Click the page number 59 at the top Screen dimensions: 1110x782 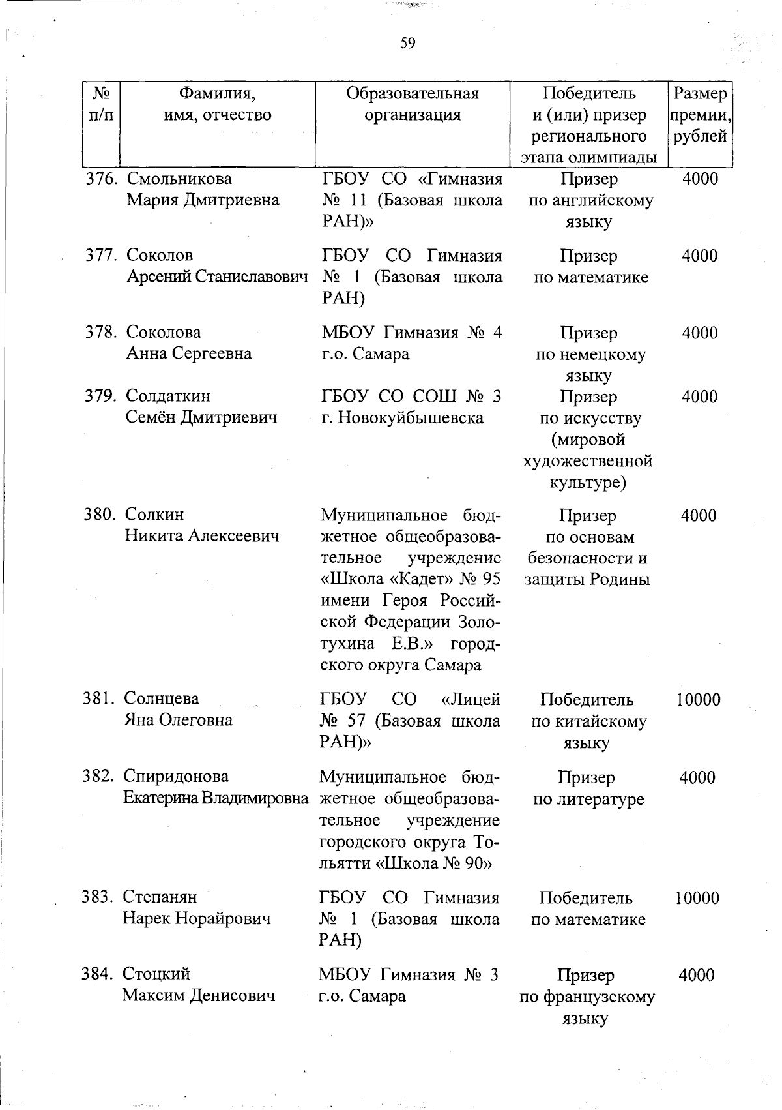point(408,43)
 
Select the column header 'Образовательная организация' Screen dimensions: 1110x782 point(413,104)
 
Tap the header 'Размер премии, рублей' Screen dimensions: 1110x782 point(700,115)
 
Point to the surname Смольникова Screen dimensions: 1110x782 point(179,179)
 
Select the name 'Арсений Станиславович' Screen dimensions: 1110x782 point(217,277)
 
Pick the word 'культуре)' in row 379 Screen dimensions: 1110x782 point(588,483)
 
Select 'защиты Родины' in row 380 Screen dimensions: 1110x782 point(588,579)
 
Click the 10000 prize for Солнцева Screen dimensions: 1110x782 point(698,700)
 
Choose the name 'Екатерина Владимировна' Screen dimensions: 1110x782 point(216,798)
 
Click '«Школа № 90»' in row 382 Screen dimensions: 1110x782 point(433,863)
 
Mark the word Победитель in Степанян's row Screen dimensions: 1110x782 point(586,898)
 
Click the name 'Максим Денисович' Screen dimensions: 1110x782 point(199,996)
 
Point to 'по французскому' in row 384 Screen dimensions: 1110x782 point(587,997)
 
